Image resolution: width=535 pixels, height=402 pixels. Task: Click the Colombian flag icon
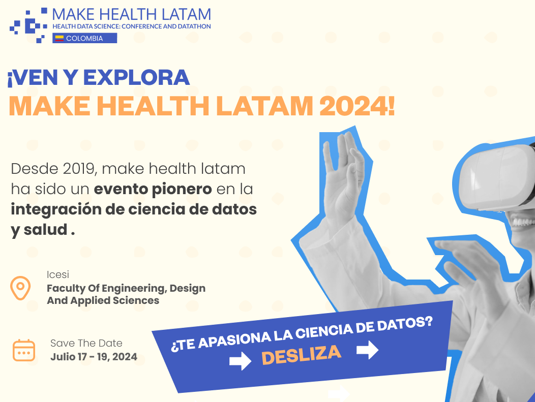point(60,38)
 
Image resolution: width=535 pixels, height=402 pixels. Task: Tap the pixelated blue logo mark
point(28,25)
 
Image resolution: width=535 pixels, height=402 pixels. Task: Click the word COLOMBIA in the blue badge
point(84,39)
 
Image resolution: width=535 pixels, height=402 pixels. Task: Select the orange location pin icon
point(20,288)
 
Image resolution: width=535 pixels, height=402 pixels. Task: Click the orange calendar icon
point(24,350)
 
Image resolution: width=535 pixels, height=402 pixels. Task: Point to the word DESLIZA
point(301,355)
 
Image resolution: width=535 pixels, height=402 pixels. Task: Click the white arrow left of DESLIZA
point(240,361)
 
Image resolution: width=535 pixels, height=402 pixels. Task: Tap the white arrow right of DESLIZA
point(368,350)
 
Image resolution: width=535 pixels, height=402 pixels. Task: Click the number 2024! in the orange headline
point(357,106)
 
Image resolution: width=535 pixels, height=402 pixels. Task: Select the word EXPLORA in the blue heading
point(136,77)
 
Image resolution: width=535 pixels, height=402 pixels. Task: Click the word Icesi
point(58,274)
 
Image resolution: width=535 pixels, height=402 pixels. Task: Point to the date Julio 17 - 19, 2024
point(94,357)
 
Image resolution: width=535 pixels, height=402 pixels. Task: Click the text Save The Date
point(86,343)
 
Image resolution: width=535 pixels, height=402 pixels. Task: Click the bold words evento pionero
point(153,190)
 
